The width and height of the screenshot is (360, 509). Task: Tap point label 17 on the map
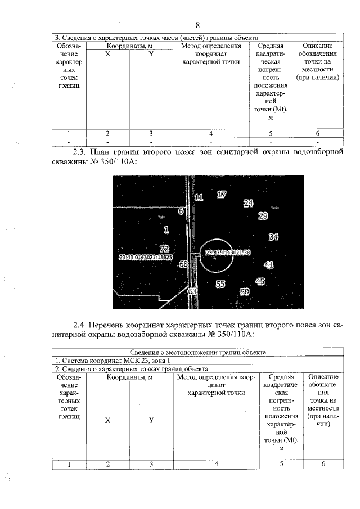222,195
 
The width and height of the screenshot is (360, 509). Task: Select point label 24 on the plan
248,204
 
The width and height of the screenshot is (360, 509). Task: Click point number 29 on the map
263,215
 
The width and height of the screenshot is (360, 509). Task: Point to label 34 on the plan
273,237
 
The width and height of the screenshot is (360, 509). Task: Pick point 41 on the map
269,264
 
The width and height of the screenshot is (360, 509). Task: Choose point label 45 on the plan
260,281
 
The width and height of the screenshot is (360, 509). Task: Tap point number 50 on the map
245,291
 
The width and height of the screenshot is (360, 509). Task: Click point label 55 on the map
221,284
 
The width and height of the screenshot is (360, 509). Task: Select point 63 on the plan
192,291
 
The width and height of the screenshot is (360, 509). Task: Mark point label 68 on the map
183,264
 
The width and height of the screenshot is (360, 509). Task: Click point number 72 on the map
164,248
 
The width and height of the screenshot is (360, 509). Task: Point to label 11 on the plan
199,198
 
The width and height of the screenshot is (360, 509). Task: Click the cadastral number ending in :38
228,253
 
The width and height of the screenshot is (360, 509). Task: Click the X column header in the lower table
107,420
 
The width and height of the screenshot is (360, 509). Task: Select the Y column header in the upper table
151,55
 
